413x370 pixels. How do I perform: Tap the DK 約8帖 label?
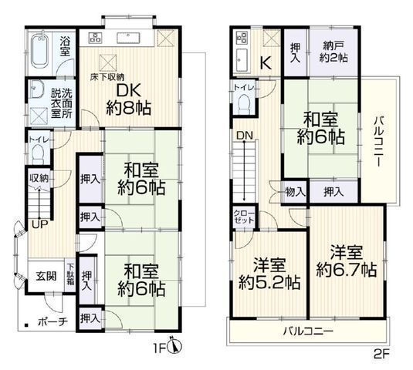(129, 99)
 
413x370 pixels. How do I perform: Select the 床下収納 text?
(107, 77)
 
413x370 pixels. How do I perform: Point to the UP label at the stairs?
(40, 224)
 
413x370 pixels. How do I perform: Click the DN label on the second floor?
(245, 136)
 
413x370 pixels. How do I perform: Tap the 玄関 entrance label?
(46, 277)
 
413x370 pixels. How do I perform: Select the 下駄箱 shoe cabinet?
(70, 276)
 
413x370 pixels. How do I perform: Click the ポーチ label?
(53, 321)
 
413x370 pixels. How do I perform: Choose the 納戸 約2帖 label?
(333, 52)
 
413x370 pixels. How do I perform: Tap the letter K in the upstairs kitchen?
(266, 63)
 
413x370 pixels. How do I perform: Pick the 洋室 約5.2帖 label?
(269, 274)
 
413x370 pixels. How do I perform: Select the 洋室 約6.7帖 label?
(347, 261)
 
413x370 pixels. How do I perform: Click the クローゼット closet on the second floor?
(244, 217)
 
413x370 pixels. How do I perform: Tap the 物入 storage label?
(295, 192)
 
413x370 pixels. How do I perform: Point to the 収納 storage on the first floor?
(39, 180)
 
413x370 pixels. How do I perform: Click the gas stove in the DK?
(95, 38)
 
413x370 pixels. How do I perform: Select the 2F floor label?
(381, 354)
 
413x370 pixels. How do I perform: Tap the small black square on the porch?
(26, 325)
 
